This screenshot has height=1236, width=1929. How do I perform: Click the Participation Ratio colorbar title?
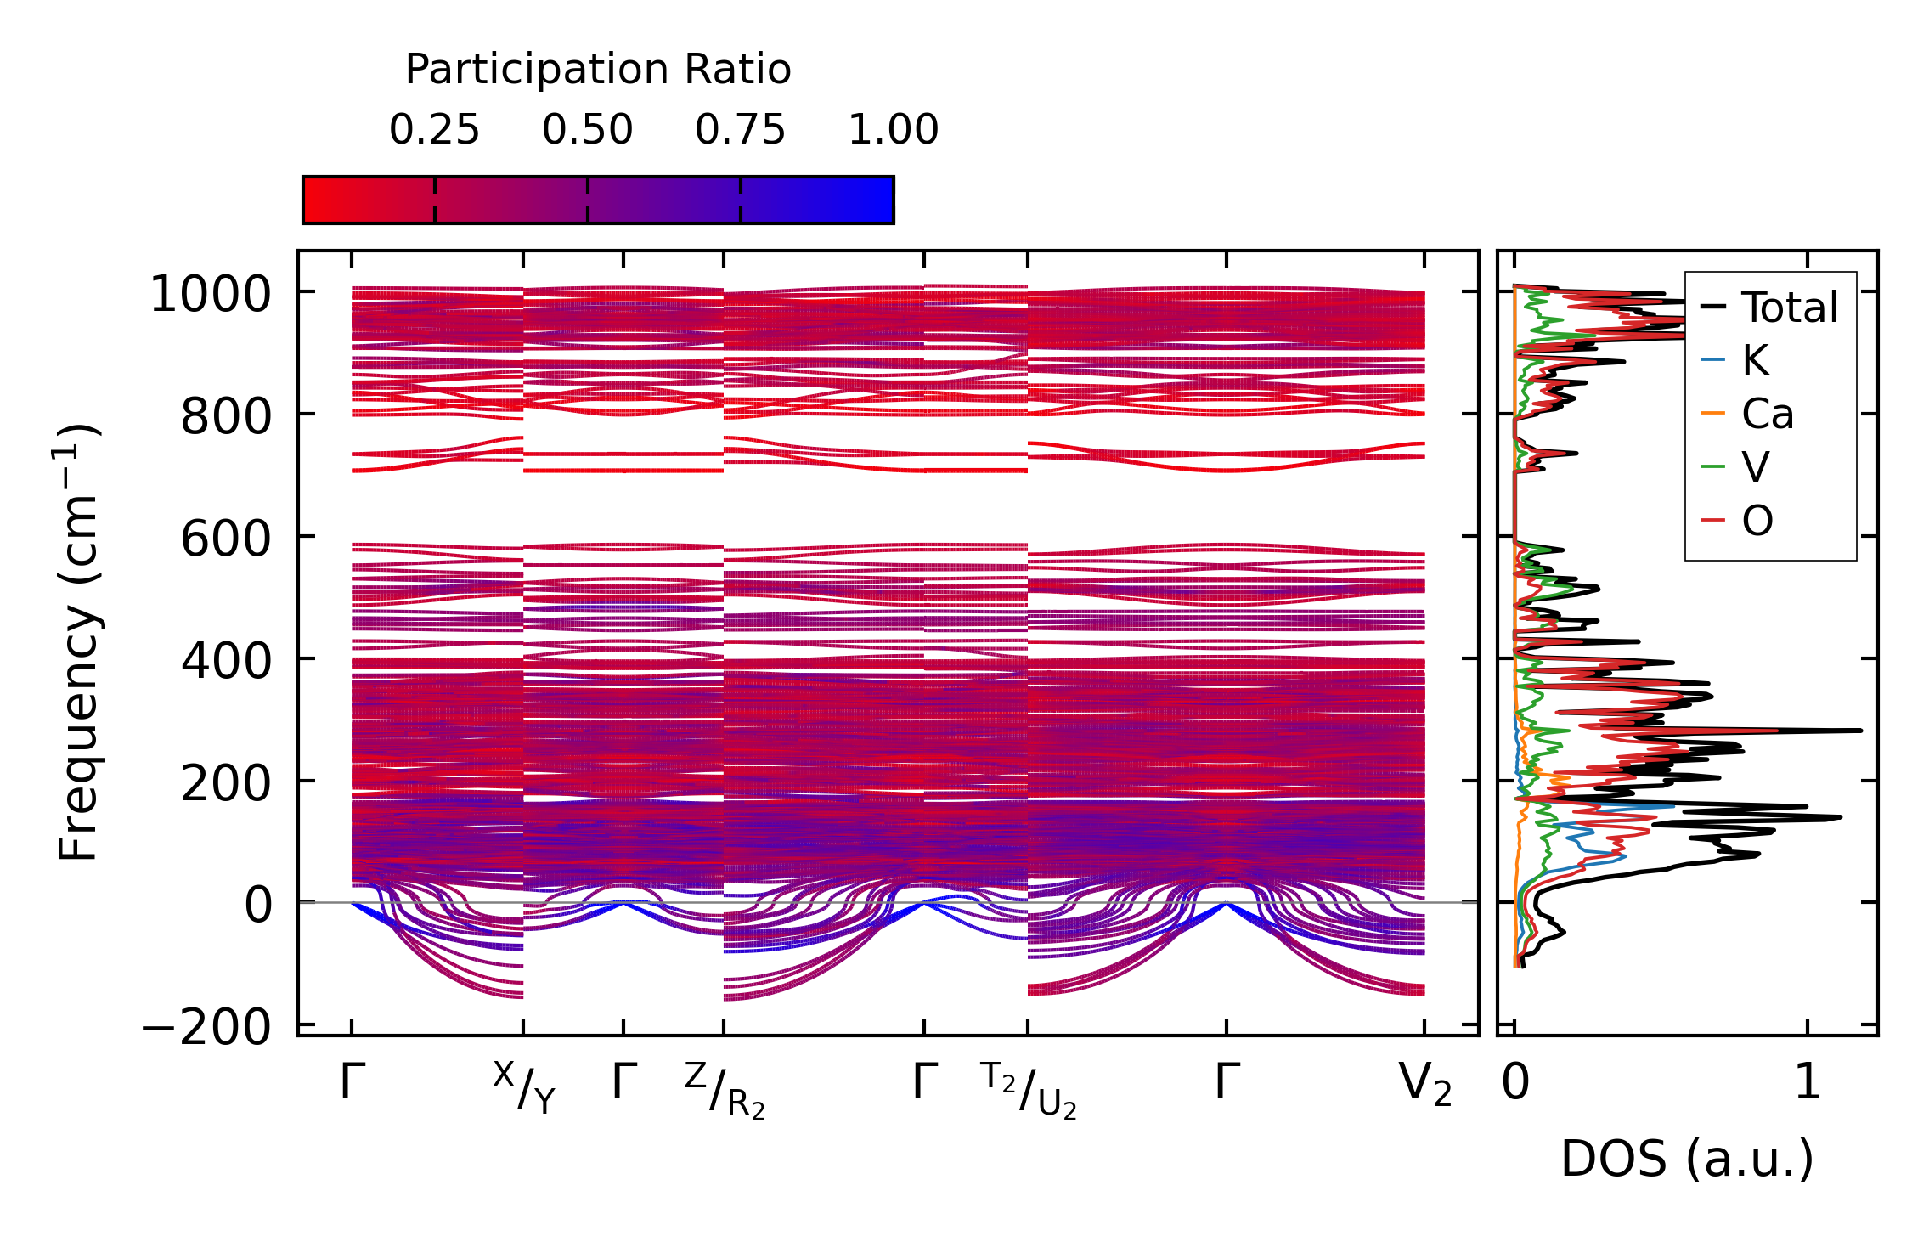tap(598, 70)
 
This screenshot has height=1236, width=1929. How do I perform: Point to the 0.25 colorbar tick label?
tap(434, 130)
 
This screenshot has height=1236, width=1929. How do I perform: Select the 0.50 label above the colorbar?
tap(587, 130)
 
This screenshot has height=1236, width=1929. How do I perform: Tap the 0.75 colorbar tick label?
tap(740, 130)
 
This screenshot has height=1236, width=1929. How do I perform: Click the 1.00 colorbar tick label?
tap(893, 130)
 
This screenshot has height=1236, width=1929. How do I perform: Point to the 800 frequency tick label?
tap(225, 417)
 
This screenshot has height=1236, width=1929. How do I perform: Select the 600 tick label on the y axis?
tap(225, 539)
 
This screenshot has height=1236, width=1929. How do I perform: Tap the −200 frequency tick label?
tap(206, 1029)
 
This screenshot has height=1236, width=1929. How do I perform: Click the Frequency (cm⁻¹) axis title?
tap(78, 642)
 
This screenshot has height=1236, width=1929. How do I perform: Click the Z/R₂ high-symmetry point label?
tap(725, 1091)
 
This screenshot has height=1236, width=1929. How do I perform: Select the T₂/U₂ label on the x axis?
tap(1029, 1091)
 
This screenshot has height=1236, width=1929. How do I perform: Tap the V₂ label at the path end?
tap(1424, 1085)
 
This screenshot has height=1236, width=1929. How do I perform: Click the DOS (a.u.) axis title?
tap(1687, 1159)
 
